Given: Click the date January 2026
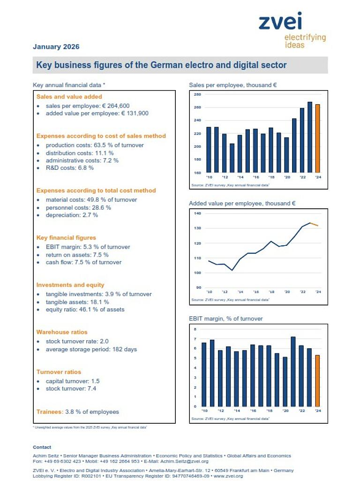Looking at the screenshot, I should (x=56, y=46).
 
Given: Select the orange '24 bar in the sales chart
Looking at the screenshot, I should (x=317, y=138).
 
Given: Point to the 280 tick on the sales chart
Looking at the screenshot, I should (x=197, y=95).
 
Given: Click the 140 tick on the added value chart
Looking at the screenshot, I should (x=197, y=213).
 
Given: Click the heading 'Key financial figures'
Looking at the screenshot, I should (x=66, y=238).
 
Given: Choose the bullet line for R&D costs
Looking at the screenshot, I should (x=69, y=168).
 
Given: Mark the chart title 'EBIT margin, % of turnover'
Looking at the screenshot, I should (x=225, y=319).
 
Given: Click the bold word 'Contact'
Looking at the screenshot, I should (x=42, y=447).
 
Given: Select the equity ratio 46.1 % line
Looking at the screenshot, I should (x=85, y=309).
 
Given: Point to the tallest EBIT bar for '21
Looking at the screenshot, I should (x=293, y=372).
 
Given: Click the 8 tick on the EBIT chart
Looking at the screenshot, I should (x=195, y=328).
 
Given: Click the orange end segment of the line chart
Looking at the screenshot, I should (x=314, y=224).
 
